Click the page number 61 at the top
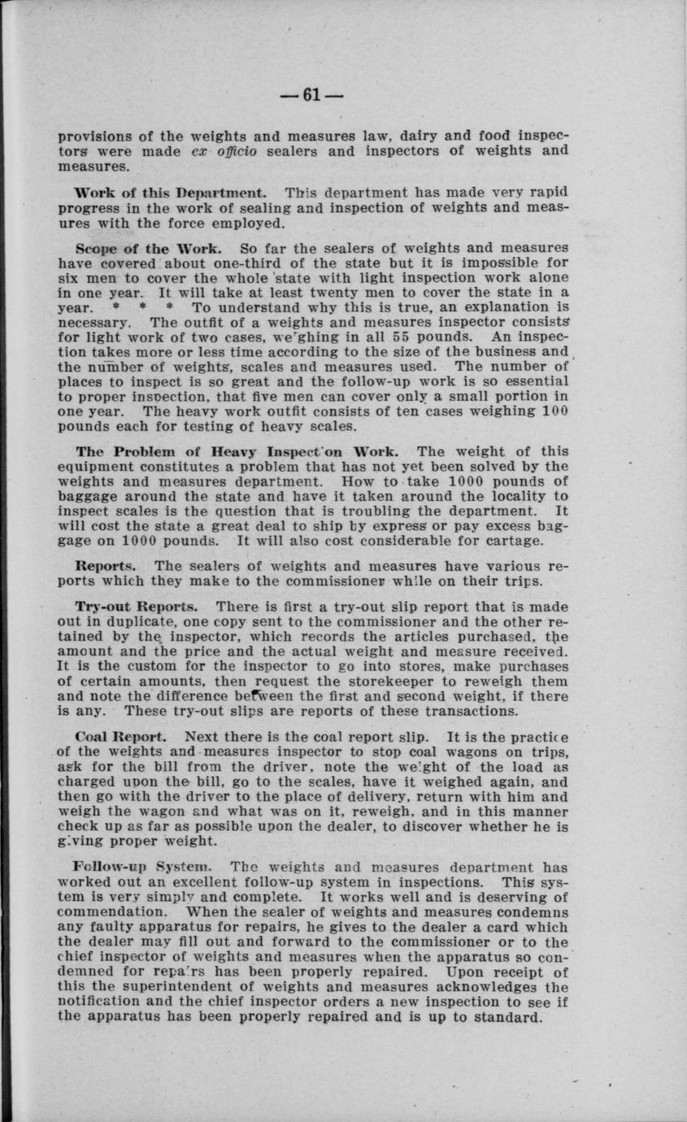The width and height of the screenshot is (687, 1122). click(x=311, y=95)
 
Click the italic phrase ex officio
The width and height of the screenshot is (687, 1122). click(x=215, y=151)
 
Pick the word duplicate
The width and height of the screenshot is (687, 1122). click(x=138, y=622)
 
